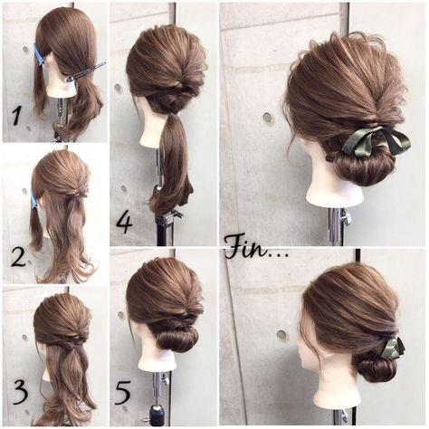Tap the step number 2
coord(19,258)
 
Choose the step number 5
coord(123,393)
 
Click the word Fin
coord(247,248)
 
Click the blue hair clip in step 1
coord(39,55)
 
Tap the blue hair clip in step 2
coord(34,199)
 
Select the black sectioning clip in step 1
coord(86,71)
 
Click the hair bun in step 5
coord(176,339)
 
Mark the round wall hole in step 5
coord(121,315)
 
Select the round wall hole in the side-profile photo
coord(282,335)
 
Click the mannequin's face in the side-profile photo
coord(305,350)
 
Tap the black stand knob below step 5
coord(157,415)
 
